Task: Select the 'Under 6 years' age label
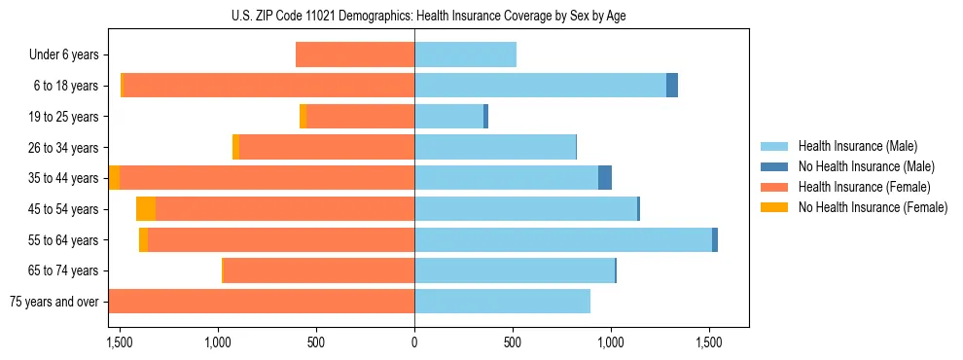pyautogui.click(x=63, y=55)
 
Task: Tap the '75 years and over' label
pyautogui.click(x=53, y=302)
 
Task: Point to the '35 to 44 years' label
pyautogui.click(x=59, y=178)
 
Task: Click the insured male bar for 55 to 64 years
pyautogui.click(x=563, y=239)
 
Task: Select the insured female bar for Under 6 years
pyautogui.click(x=355, y=55)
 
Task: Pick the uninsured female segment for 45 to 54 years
pyautogui.click(x=146, y=209)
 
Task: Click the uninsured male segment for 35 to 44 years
pyautogui.click(x=605, y=178)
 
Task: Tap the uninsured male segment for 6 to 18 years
pyautogui.click(x=672, y=86)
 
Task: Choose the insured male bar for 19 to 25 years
pyautogui.click(x=448, y=117)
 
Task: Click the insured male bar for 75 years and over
pyautogui.click(x=502, y=302)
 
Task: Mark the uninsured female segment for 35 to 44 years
pyautogui.click(x=115, y=178)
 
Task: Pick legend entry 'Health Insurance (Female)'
pyautogui.click(x=864, y=187)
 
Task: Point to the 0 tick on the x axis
pyautogui.click(x=414, y=342)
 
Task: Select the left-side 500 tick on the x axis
pyautogui.click(x=316, y=342)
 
